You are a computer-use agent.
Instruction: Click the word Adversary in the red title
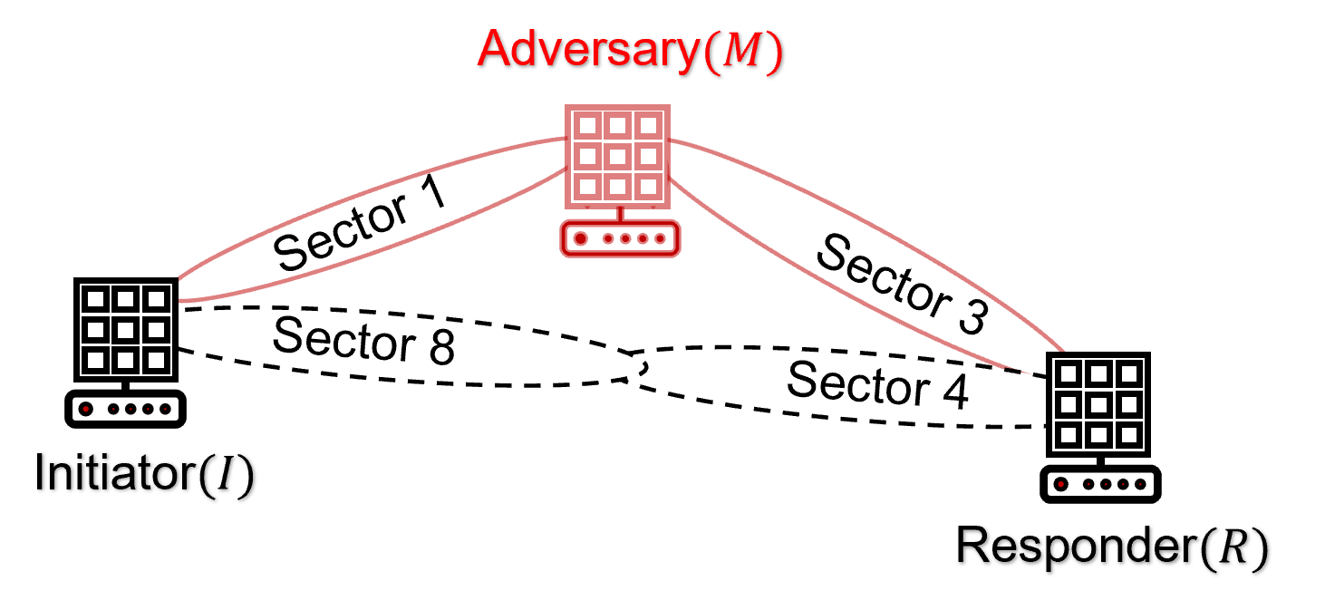(x=588, y=50)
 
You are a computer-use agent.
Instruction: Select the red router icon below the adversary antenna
(x=620, y=238)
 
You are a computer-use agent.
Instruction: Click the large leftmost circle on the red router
(x=581, y=239)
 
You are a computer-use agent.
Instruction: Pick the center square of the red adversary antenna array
(x=618, y=156)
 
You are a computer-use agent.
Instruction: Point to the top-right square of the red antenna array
(x=647, y=125)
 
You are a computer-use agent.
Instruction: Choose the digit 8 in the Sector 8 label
(x=441, y=348)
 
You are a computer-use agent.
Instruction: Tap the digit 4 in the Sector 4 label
(x=953, y=392)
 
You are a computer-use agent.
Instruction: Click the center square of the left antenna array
(x=126, y=329)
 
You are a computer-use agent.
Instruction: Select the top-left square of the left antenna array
(x=96, y=298)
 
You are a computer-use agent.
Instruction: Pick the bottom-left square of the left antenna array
(x=96, y=360)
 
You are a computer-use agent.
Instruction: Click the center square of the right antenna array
(x=1098, y=404)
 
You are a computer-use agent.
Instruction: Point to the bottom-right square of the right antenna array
(x=1128, y=435)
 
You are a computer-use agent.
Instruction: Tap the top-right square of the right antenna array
(x=1128, y=373)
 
